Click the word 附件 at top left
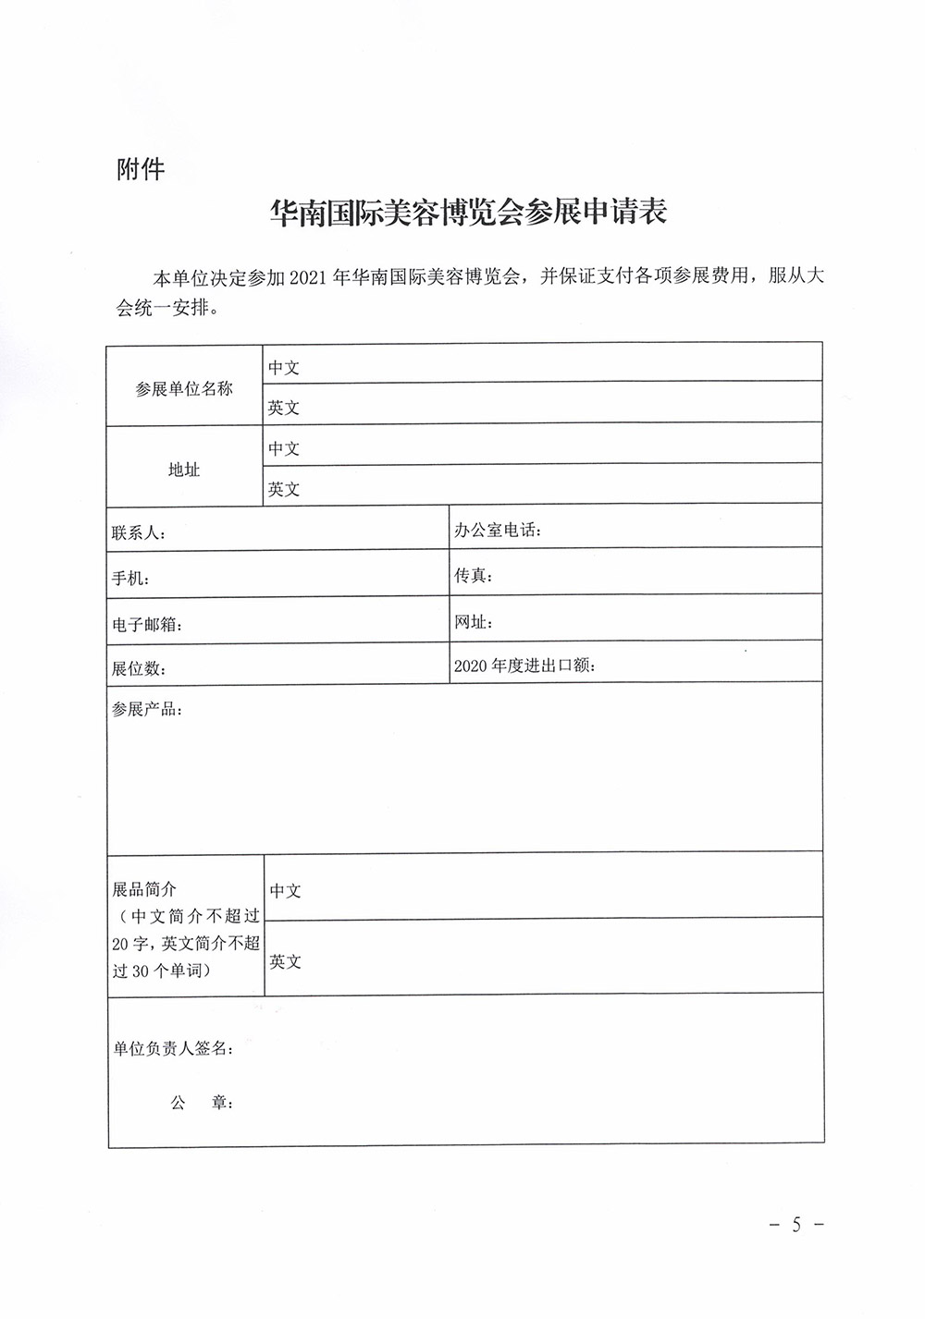click(x=141, y=170)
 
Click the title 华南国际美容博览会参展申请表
click(x=467, y=214)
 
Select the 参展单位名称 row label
click(x=184, y=389)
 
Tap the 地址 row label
click(x=184, y=470)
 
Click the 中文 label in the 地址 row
click(x=284, y=448)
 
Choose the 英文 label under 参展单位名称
click(x=284, y=408)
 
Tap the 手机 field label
click(x=130, y=580)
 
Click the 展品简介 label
click(x=144, y=889)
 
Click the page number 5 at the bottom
click(x=795, y=1225)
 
